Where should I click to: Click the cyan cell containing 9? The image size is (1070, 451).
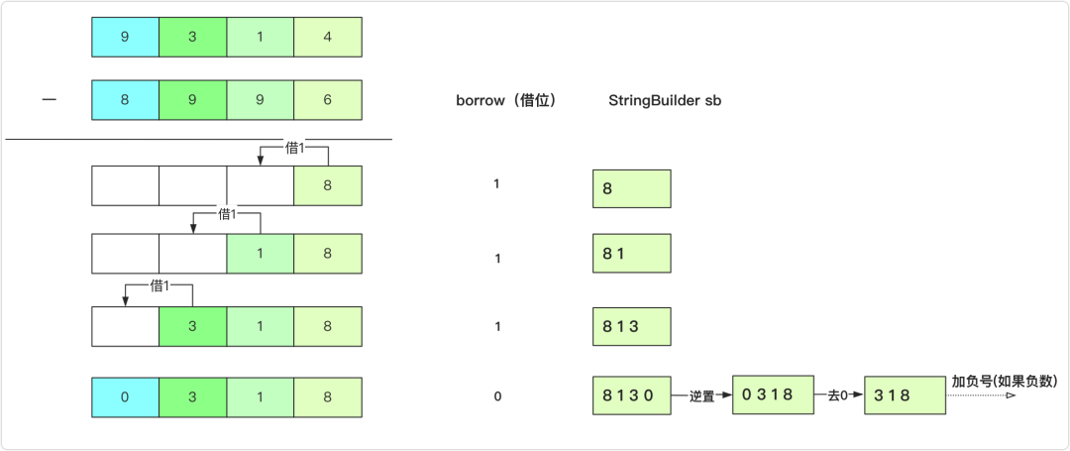pos(125,36)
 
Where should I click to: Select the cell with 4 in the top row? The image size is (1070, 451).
pos(328,36)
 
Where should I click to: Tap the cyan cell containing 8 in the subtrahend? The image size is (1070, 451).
pos(125,100)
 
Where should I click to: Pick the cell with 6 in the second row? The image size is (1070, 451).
pos(328,100)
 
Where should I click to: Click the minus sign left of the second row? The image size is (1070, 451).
pos(49,100)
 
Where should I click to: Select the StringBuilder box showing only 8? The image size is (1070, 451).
pos(632,188)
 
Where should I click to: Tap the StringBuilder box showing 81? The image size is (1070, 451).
pos(632,254)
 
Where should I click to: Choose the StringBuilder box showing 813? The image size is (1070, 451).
pos(632,325)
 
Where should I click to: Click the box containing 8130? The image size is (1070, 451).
pos(632,395)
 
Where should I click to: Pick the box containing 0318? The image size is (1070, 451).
pos(773,395)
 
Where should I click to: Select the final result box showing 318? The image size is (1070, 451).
pos(904,395)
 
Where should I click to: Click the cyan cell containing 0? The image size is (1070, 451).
pos(125,396)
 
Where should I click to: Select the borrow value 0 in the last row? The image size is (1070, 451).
pos(497,396)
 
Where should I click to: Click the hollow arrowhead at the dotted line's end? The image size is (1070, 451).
pos(1011,396)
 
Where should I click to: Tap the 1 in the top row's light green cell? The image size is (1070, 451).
pos(261,36)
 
